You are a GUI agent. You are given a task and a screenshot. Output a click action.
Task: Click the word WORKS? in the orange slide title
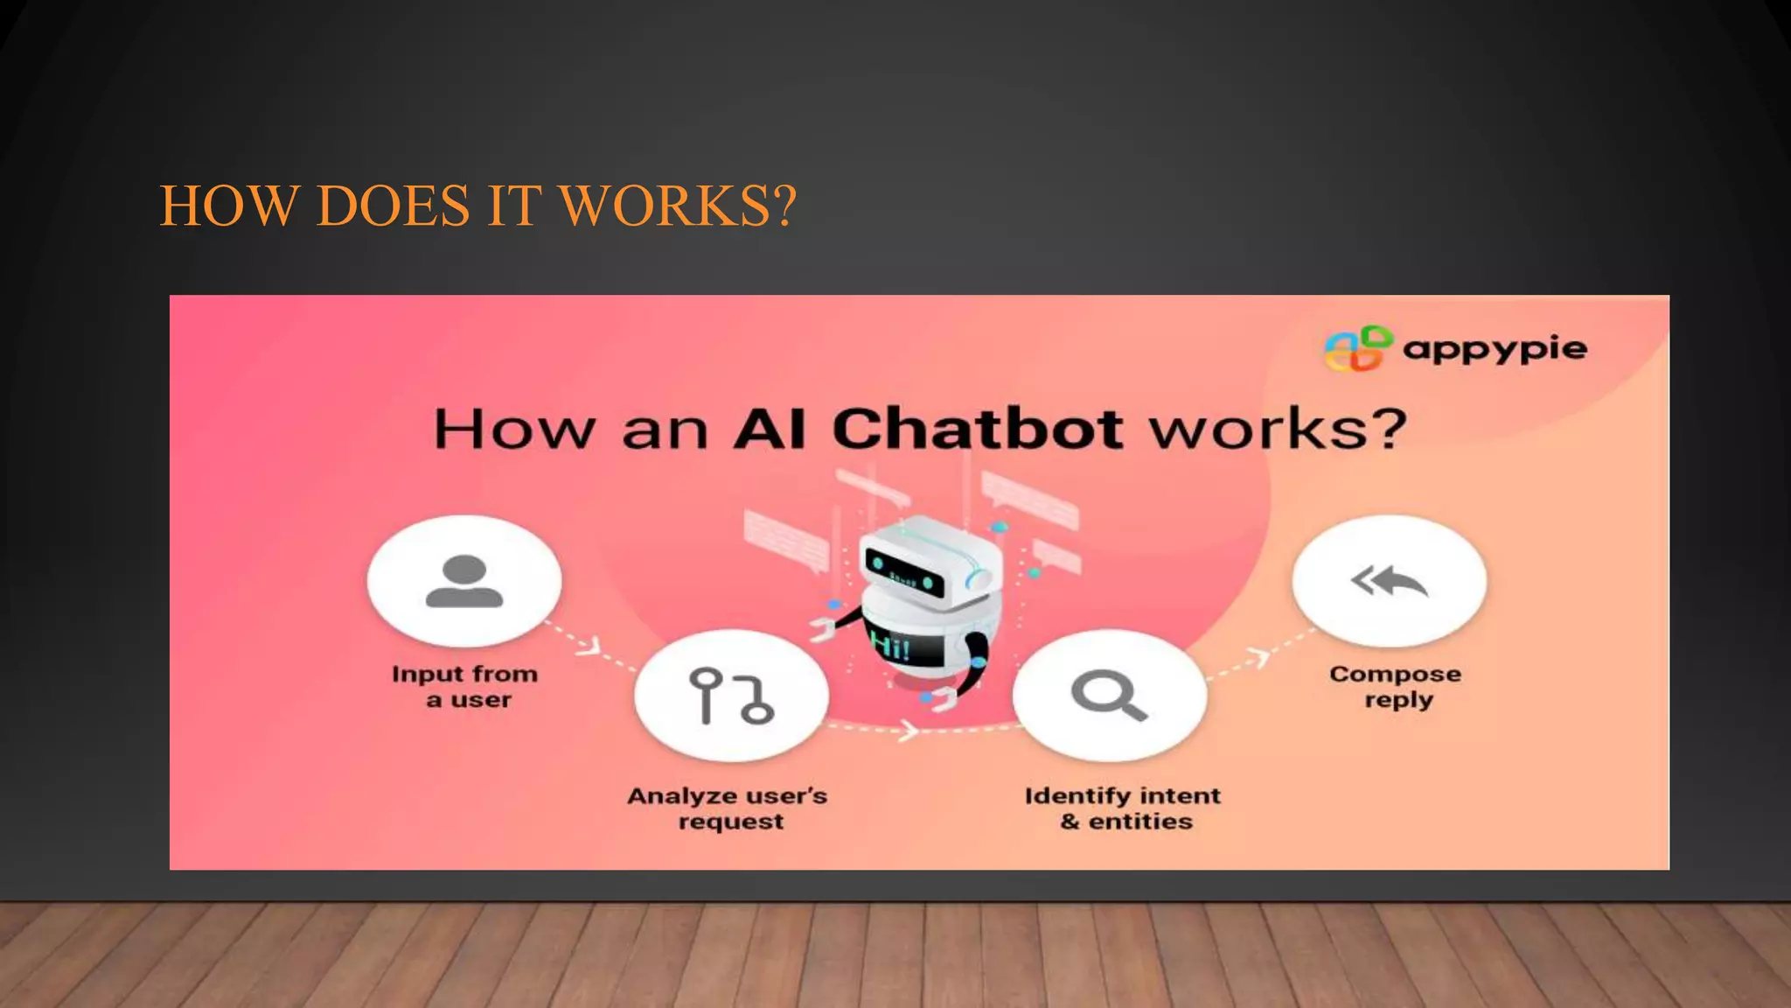(x=678, y=206)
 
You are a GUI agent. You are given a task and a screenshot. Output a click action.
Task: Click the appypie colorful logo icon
(x=1357, y=348)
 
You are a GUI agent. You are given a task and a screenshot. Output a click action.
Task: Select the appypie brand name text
(x=1495, y=349)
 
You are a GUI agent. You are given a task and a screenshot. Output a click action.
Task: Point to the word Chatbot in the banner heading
(x=978, y=429)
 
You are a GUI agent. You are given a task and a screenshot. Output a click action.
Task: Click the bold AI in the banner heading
(x=769, y=429)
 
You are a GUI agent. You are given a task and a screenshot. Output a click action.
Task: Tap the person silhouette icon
(x=464, y=581)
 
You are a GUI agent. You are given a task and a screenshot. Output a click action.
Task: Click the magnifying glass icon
(x=1109, y=696)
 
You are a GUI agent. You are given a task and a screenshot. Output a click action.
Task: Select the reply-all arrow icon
(x=1389, y=581)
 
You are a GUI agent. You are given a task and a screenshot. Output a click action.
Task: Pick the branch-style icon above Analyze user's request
(x=731, y=696)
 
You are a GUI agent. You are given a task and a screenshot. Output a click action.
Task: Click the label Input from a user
(x=465, y=687)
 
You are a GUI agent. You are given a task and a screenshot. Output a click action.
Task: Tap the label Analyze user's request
(x=728, y=808)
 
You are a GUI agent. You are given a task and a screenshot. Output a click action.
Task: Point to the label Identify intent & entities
(x=1123, y=808)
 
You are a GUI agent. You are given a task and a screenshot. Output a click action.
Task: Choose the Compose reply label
(x=1396, y=687)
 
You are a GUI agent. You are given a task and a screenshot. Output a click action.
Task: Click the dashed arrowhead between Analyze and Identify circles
(x=909, y=730)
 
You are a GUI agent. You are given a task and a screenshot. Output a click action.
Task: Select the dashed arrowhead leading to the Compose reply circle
(x=1260, y=657)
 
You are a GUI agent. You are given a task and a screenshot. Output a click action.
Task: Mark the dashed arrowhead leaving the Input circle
(x=591, y=646)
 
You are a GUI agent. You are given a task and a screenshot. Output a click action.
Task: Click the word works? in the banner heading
(x=1277, y=429)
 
